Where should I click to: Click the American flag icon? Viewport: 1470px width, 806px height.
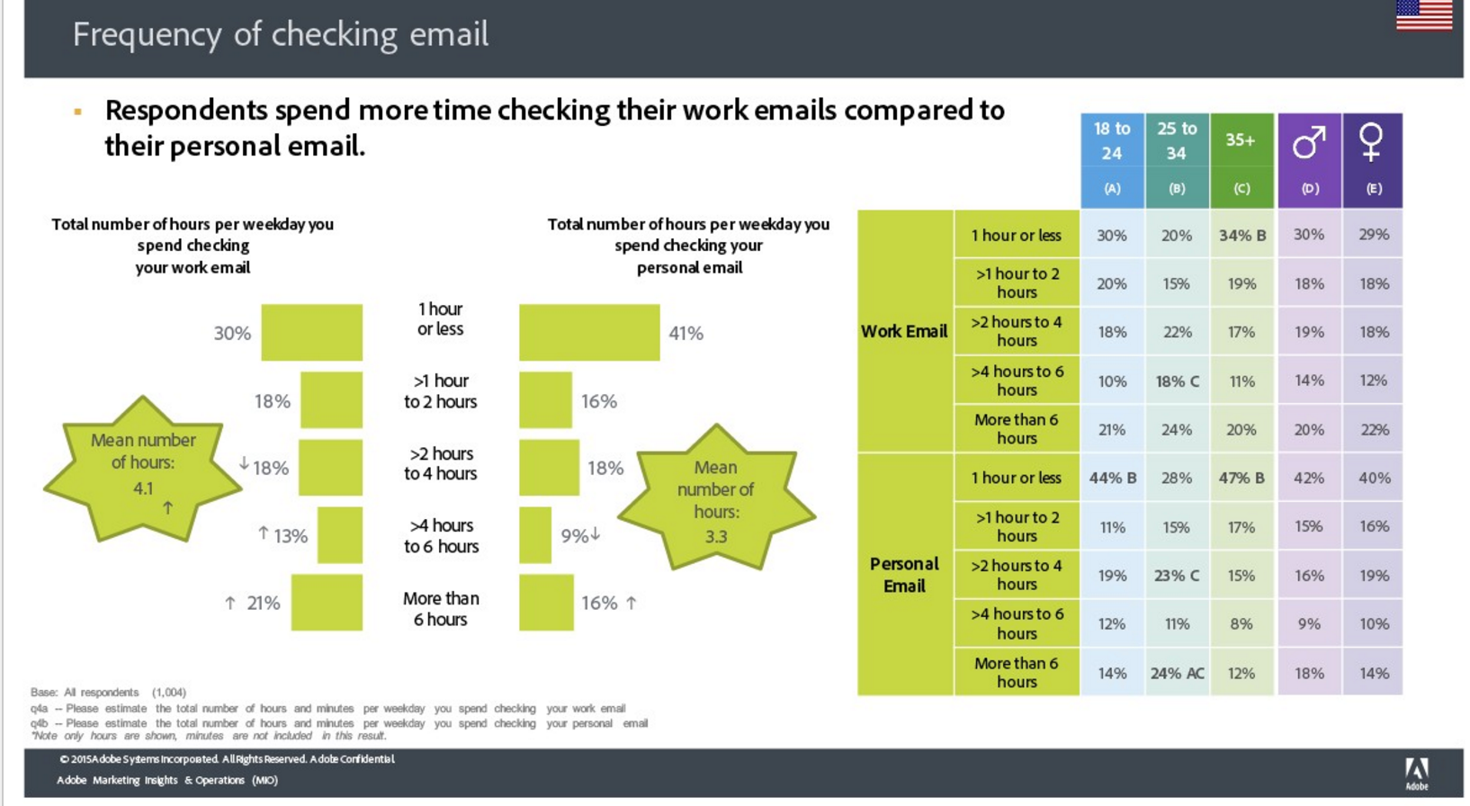coord(1424,15)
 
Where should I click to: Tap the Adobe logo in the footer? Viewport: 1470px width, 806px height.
coord(1417,774)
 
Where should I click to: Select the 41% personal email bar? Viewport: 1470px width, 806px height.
coord(589,332)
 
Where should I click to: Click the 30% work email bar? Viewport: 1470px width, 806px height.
coord(311,332)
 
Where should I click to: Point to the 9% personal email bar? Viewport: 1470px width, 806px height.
coord(535,535)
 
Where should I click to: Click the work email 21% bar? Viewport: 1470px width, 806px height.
coord(327,603)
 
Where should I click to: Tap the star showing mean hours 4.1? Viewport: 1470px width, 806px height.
coord(143,470)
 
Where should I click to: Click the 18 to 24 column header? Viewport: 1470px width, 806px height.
coord(1112,160)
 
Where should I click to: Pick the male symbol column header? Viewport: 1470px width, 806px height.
coord(1309,160)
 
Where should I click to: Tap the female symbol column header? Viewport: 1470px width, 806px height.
coord(1373,160)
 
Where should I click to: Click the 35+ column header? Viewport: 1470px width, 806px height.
coord(1241,160)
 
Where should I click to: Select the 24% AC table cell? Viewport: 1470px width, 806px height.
coord(1178,673)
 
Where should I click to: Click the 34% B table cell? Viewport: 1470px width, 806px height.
coord(1242,235)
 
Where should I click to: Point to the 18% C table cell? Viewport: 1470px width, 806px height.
coord(1178,381)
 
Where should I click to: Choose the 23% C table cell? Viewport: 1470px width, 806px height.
coord(1178,576)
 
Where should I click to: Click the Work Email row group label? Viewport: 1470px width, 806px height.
coord(904,331)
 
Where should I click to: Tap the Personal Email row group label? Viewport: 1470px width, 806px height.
coord(904,575)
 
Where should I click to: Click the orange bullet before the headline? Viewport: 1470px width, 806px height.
coord(78,112)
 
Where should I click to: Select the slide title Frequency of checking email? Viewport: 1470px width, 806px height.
coord(280,34)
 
